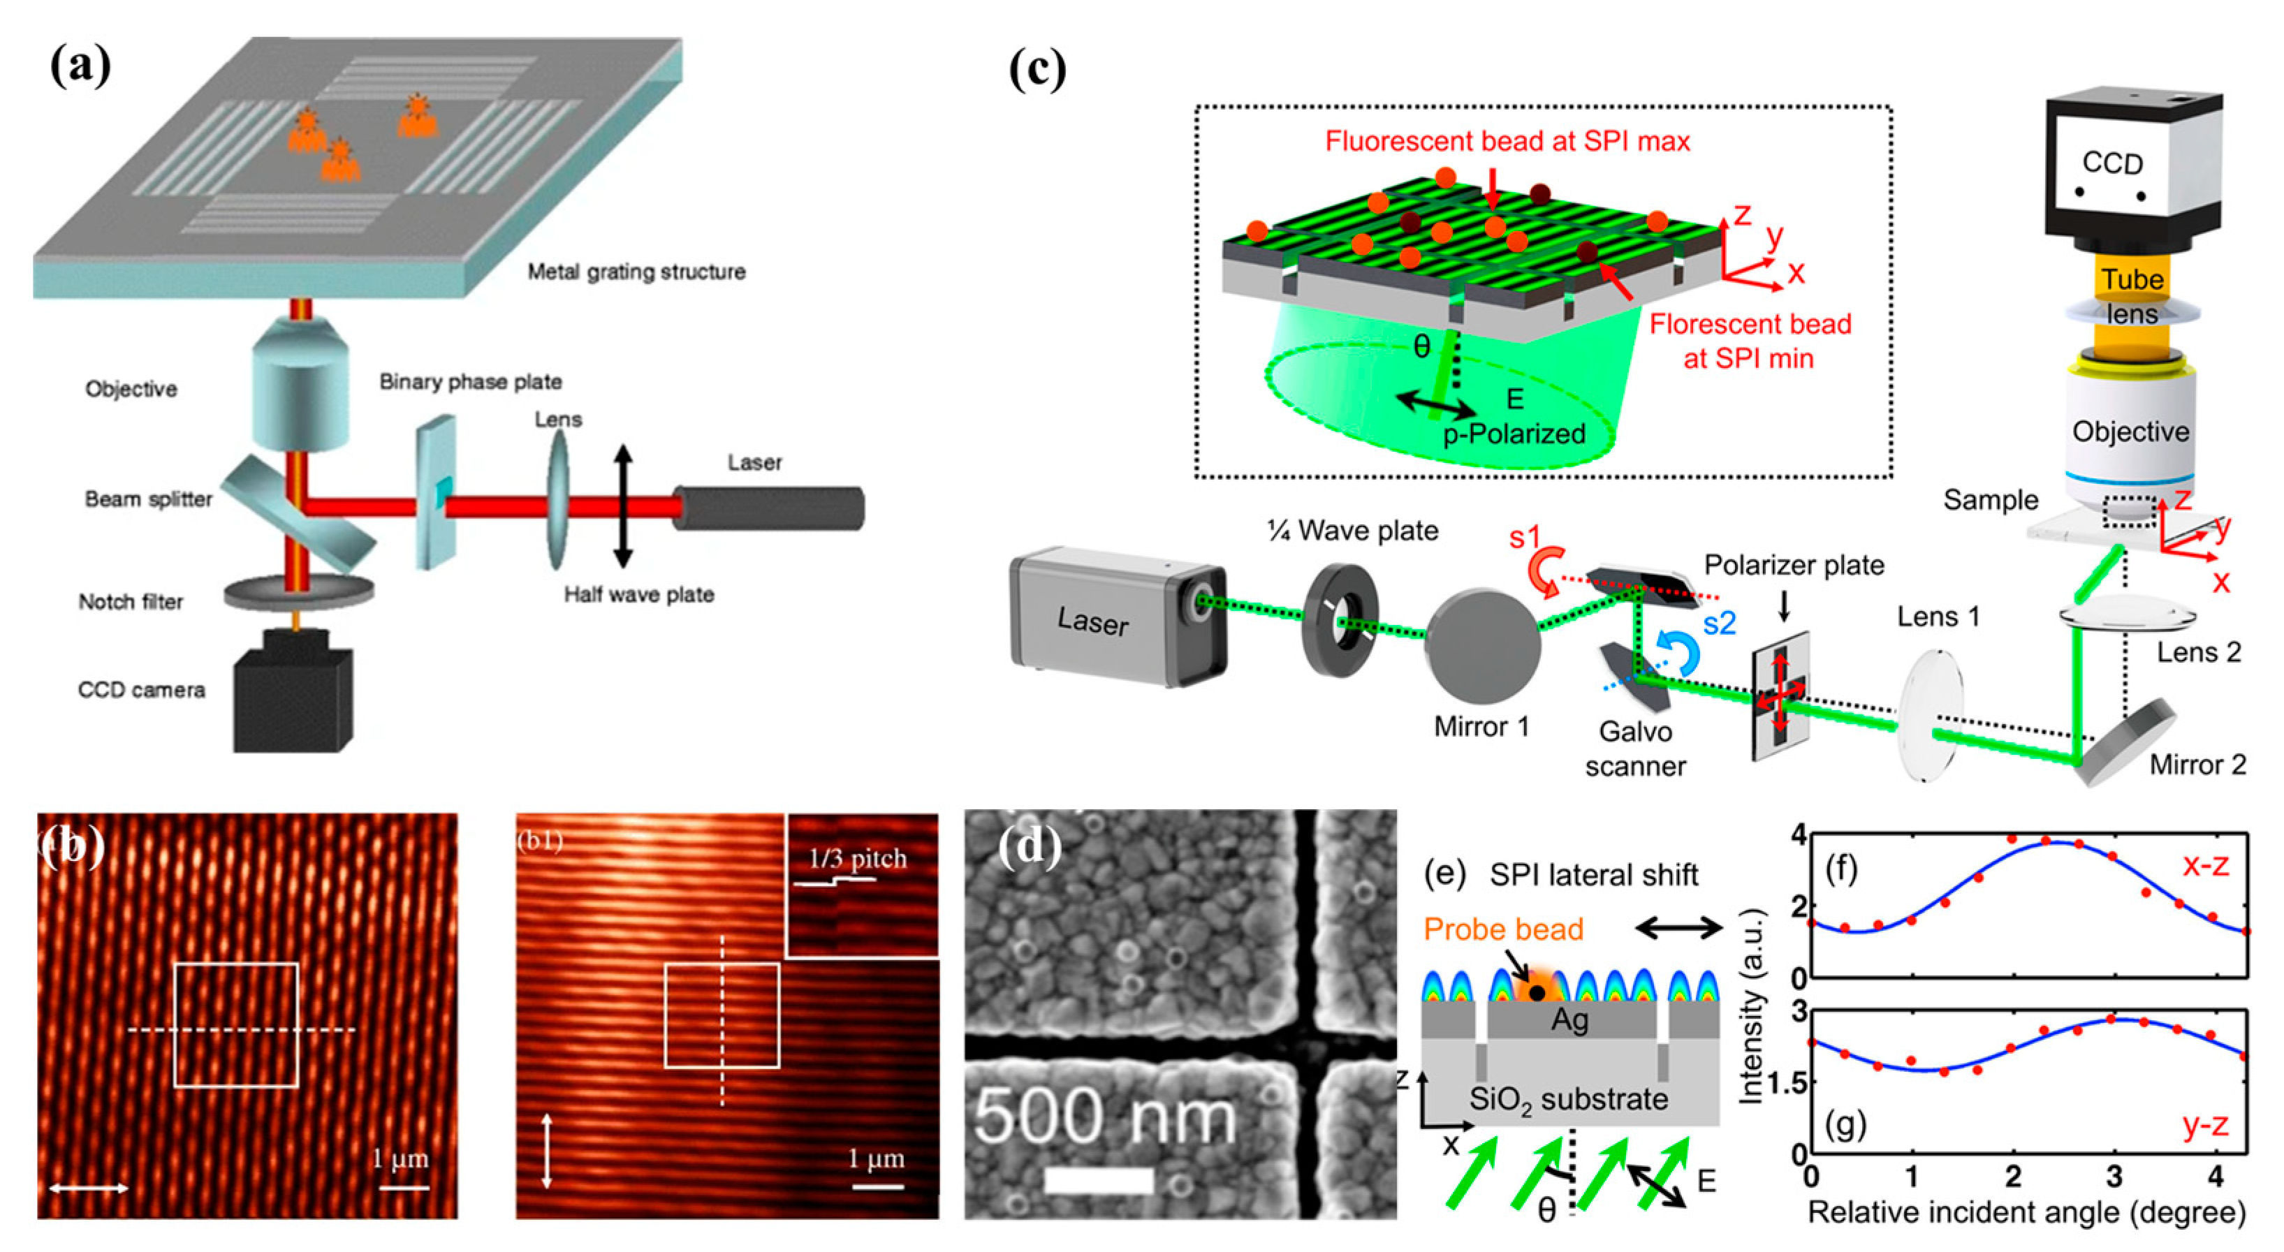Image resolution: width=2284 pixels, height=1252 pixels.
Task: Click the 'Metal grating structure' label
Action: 636,272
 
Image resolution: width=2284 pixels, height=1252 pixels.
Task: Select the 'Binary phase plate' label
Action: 470,382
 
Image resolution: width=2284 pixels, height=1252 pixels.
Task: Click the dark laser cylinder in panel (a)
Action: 768,508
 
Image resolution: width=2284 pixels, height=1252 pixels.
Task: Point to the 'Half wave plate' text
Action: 638,595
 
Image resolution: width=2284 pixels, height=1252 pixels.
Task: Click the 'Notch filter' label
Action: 131,602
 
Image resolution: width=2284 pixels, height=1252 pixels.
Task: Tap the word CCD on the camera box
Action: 2112,163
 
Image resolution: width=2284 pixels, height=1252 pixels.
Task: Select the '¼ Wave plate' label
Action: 1352,531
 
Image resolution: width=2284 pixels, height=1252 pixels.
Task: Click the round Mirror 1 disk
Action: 1481,648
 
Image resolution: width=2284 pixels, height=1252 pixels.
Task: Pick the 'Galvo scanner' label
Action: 1635,749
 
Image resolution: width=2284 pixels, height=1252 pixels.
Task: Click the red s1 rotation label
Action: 1524,538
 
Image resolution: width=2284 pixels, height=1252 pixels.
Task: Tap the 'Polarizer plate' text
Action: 1794,566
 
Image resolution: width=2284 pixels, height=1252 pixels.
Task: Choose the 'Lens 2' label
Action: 2198,653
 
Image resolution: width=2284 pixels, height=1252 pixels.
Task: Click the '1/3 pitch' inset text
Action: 858,858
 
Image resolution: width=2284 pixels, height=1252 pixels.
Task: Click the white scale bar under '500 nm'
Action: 1099,1180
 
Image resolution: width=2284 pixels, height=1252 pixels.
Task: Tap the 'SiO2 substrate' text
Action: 1567,1100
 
